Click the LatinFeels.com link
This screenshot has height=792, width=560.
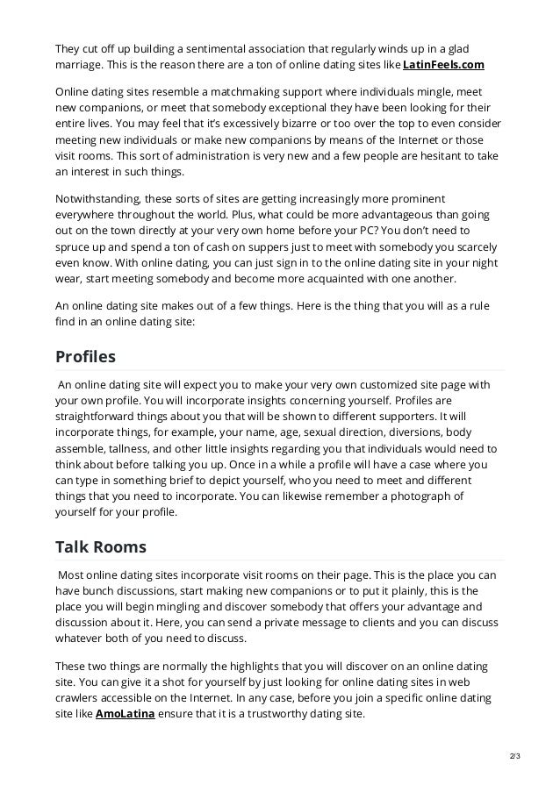(x=443, y=66)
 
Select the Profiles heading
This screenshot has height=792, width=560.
(x=85, y=357)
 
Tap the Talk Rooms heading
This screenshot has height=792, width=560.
(x=100, y=547)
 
